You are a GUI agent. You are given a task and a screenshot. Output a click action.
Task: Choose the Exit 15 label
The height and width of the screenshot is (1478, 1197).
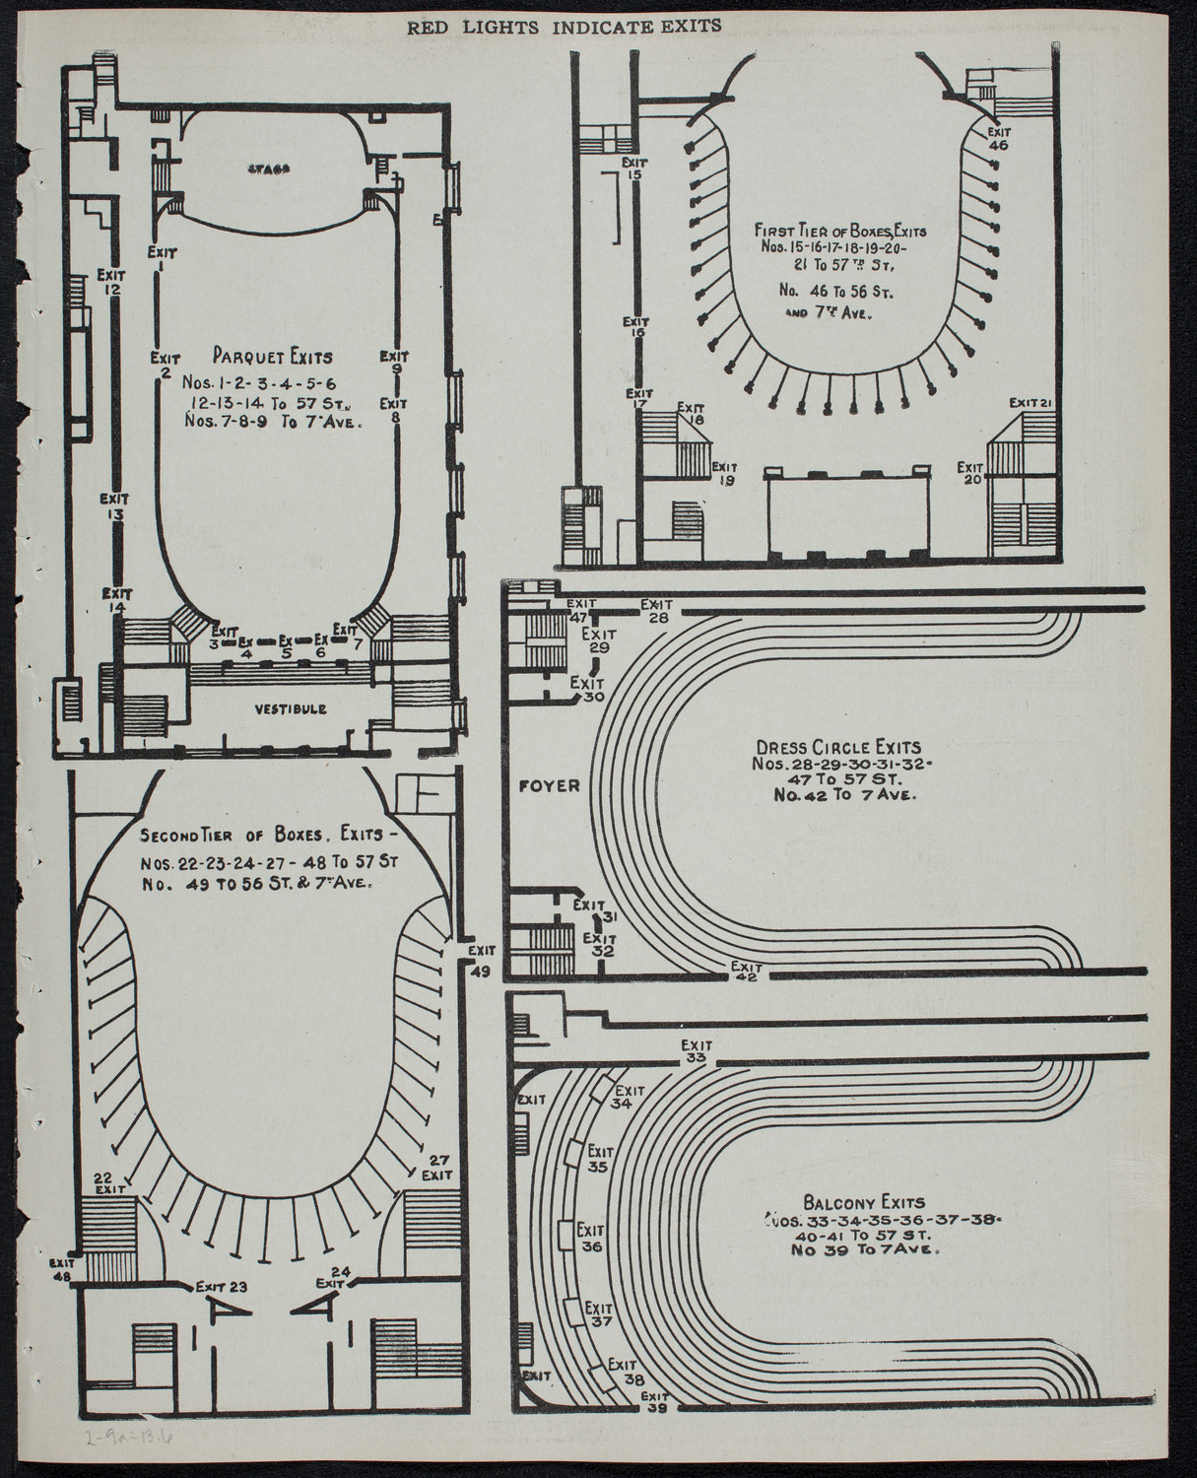[633, 168]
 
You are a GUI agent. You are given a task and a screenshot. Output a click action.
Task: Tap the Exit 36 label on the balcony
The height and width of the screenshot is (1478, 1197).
[590, 1239]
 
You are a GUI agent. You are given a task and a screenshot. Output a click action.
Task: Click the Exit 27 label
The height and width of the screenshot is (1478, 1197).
[437, 1168]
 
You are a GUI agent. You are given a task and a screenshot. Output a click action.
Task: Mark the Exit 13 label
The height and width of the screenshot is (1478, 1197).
[114, 504]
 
